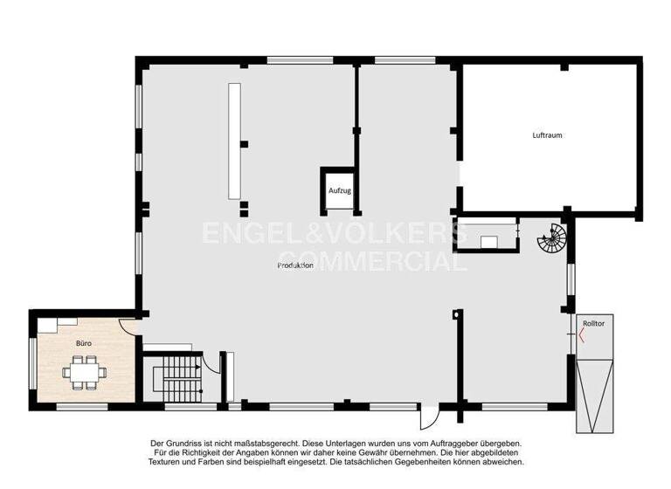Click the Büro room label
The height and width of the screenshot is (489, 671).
(83, 344)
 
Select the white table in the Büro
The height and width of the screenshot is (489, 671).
(84, 372)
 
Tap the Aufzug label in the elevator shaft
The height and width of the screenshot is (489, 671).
(339, 190)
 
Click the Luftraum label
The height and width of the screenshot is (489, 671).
(547, 135)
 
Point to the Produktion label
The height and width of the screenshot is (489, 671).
(295, 265)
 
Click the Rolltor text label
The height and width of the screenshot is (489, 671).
(593, 323)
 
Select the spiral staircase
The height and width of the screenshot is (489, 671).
(551, 237)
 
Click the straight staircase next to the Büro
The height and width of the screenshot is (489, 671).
(177, 377)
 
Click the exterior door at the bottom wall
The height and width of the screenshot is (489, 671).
(427, 419)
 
